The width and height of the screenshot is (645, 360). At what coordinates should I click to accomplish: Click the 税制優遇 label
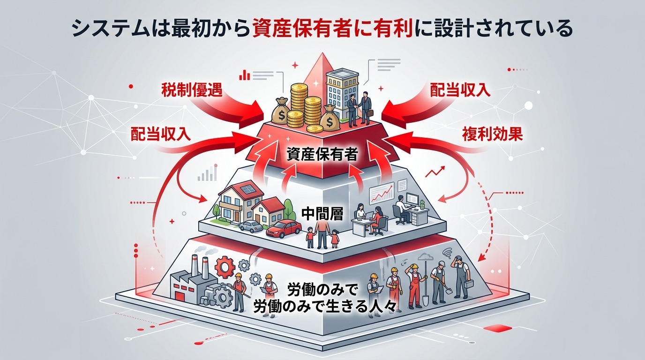191,90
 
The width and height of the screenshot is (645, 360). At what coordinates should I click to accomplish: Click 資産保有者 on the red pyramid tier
322,155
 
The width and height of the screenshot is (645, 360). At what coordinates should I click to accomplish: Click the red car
284,229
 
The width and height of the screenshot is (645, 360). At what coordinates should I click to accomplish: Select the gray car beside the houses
251,226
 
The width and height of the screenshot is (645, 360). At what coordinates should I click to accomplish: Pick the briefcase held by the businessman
370,113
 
